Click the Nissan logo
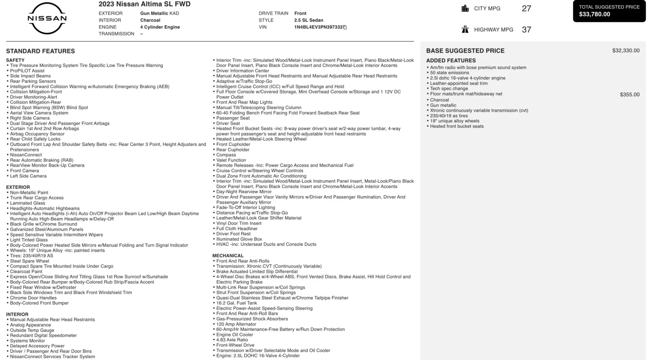tap(47, 18)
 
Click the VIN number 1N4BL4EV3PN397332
tap(318, 27)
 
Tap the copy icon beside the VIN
tap(345, 27)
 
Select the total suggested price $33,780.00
tap(595, 14)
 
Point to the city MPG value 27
tap(526, 9)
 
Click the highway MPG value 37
tap(526, 30)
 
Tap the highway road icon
tap(465, 29)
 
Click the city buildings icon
tap(465, 9)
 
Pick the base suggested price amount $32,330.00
tap(626, 51)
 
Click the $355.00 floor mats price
tap(630, 95)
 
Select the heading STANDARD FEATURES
tap(40, 51)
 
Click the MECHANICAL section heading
tap(228, 256)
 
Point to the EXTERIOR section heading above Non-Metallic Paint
tap(18, 187)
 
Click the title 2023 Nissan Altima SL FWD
tap(144, 4)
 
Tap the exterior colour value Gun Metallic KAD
tap(159, 13)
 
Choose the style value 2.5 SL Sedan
tap(308, 20)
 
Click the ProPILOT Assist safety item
tap(27, 71)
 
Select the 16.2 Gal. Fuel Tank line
tap(236, 303)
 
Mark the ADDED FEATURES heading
tap(451, 60)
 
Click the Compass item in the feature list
tap(226, 155)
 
